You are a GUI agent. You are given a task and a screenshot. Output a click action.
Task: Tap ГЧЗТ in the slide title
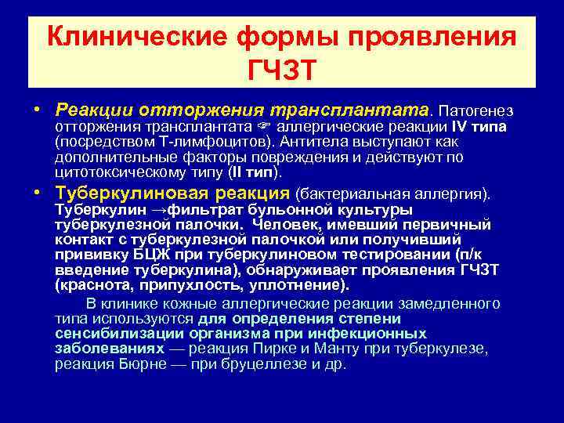(281, 69)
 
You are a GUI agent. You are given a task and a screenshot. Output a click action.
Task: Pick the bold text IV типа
(479, 125)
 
